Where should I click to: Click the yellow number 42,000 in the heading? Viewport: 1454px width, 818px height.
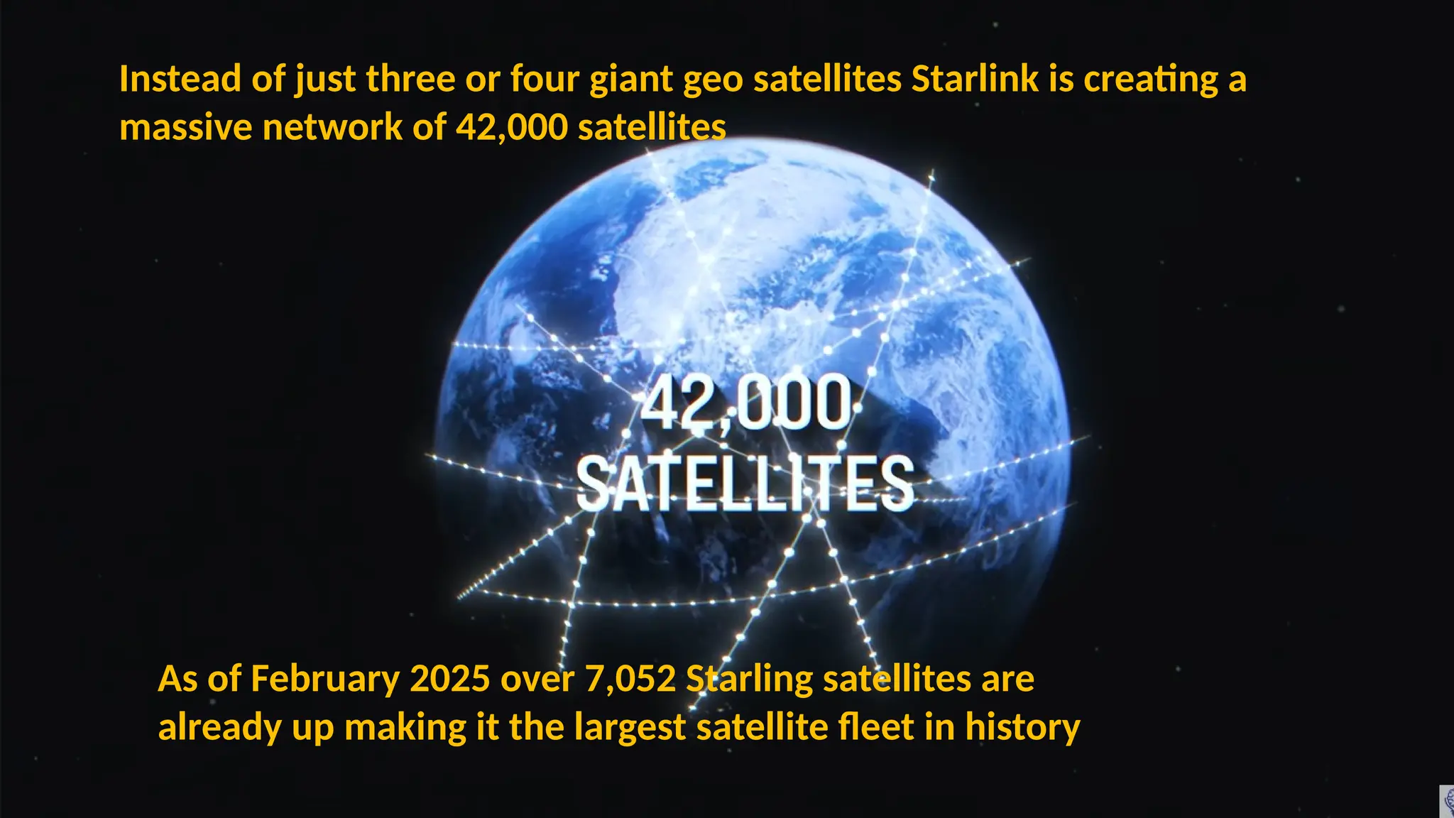511,128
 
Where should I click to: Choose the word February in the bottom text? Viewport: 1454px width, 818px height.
325,679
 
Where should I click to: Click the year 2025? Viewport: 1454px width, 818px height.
450,679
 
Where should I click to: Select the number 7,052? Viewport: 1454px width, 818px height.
630,679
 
